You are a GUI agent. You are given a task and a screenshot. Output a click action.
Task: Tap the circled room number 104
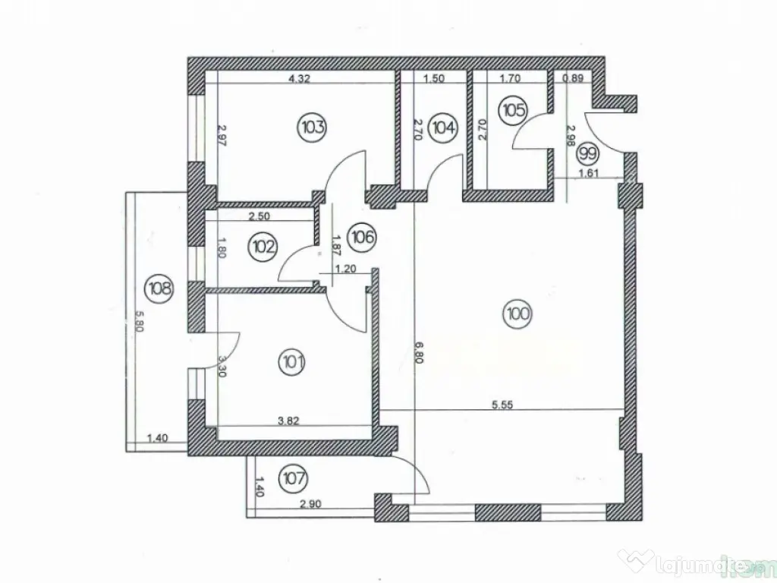442,127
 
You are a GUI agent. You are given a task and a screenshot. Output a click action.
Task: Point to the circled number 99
587,153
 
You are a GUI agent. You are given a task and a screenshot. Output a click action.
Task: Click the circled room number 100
518,312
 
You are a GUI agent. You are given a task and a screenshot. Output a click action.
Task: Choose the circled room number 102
265,247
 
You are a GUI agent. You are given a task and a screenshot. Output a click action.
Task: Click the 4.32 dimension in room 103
301,77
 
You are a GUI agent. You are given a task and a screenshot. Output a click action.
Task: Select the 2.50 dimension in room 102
260,216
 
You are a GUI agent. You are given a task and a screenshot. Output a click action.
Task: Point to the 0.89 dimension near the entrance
572,77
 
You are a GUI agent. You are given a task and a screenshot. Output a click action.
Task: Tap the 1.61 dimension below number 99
590,173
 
